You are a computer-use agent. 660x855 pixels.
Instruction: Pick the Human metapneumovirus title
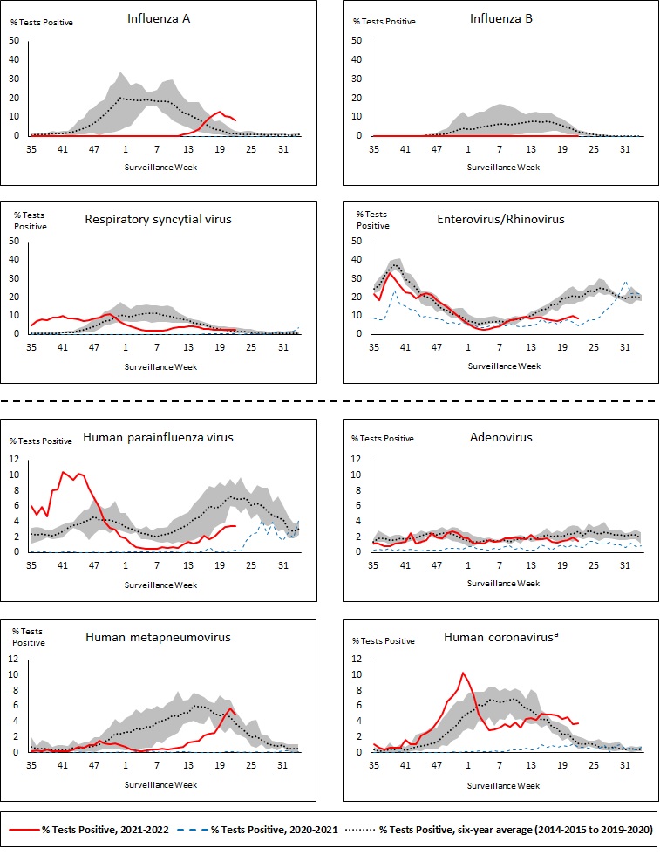click(x=158, y=637)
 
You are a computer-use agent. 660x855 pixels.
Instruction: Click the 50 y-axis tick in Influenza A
click(x=13, y=40)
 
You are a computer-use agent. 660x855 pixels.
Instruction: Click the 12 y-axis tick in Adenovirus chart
click(x=356, y=459)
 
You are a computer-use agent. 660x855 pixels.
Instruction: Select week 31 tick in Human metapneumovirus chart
click(x=282, y=766)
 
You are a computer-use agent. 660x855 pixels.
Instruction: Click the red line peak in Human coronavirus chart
click(x=463, y=673)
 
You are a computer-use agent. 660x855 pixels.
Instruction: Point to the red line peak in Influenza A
click(x=220, y=112)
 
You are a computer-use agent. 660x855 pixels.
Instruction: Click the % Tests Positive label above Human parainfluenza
click(x=41, y=440)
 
